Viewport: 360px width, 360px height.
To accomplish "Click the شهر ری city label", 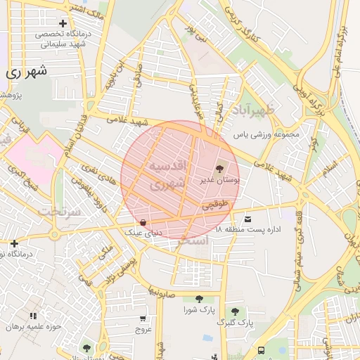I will coord(27,72).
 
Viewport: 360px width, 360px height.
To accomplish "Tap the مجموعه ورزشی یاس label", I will coord(266,134).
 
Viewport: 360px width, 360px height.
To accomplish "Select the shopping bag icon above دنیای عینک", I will coord(143,222).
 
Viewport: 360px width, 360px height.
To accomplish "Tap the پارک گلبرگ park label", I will coord(235,322).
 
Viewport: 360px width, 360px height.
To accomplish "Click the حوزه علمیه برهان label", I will coord(32,327).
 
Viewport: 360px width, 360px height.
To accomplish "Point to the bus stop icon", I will coord(262,349).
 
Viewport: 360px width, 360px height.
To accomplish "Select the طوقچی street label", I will coord(216,205).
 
